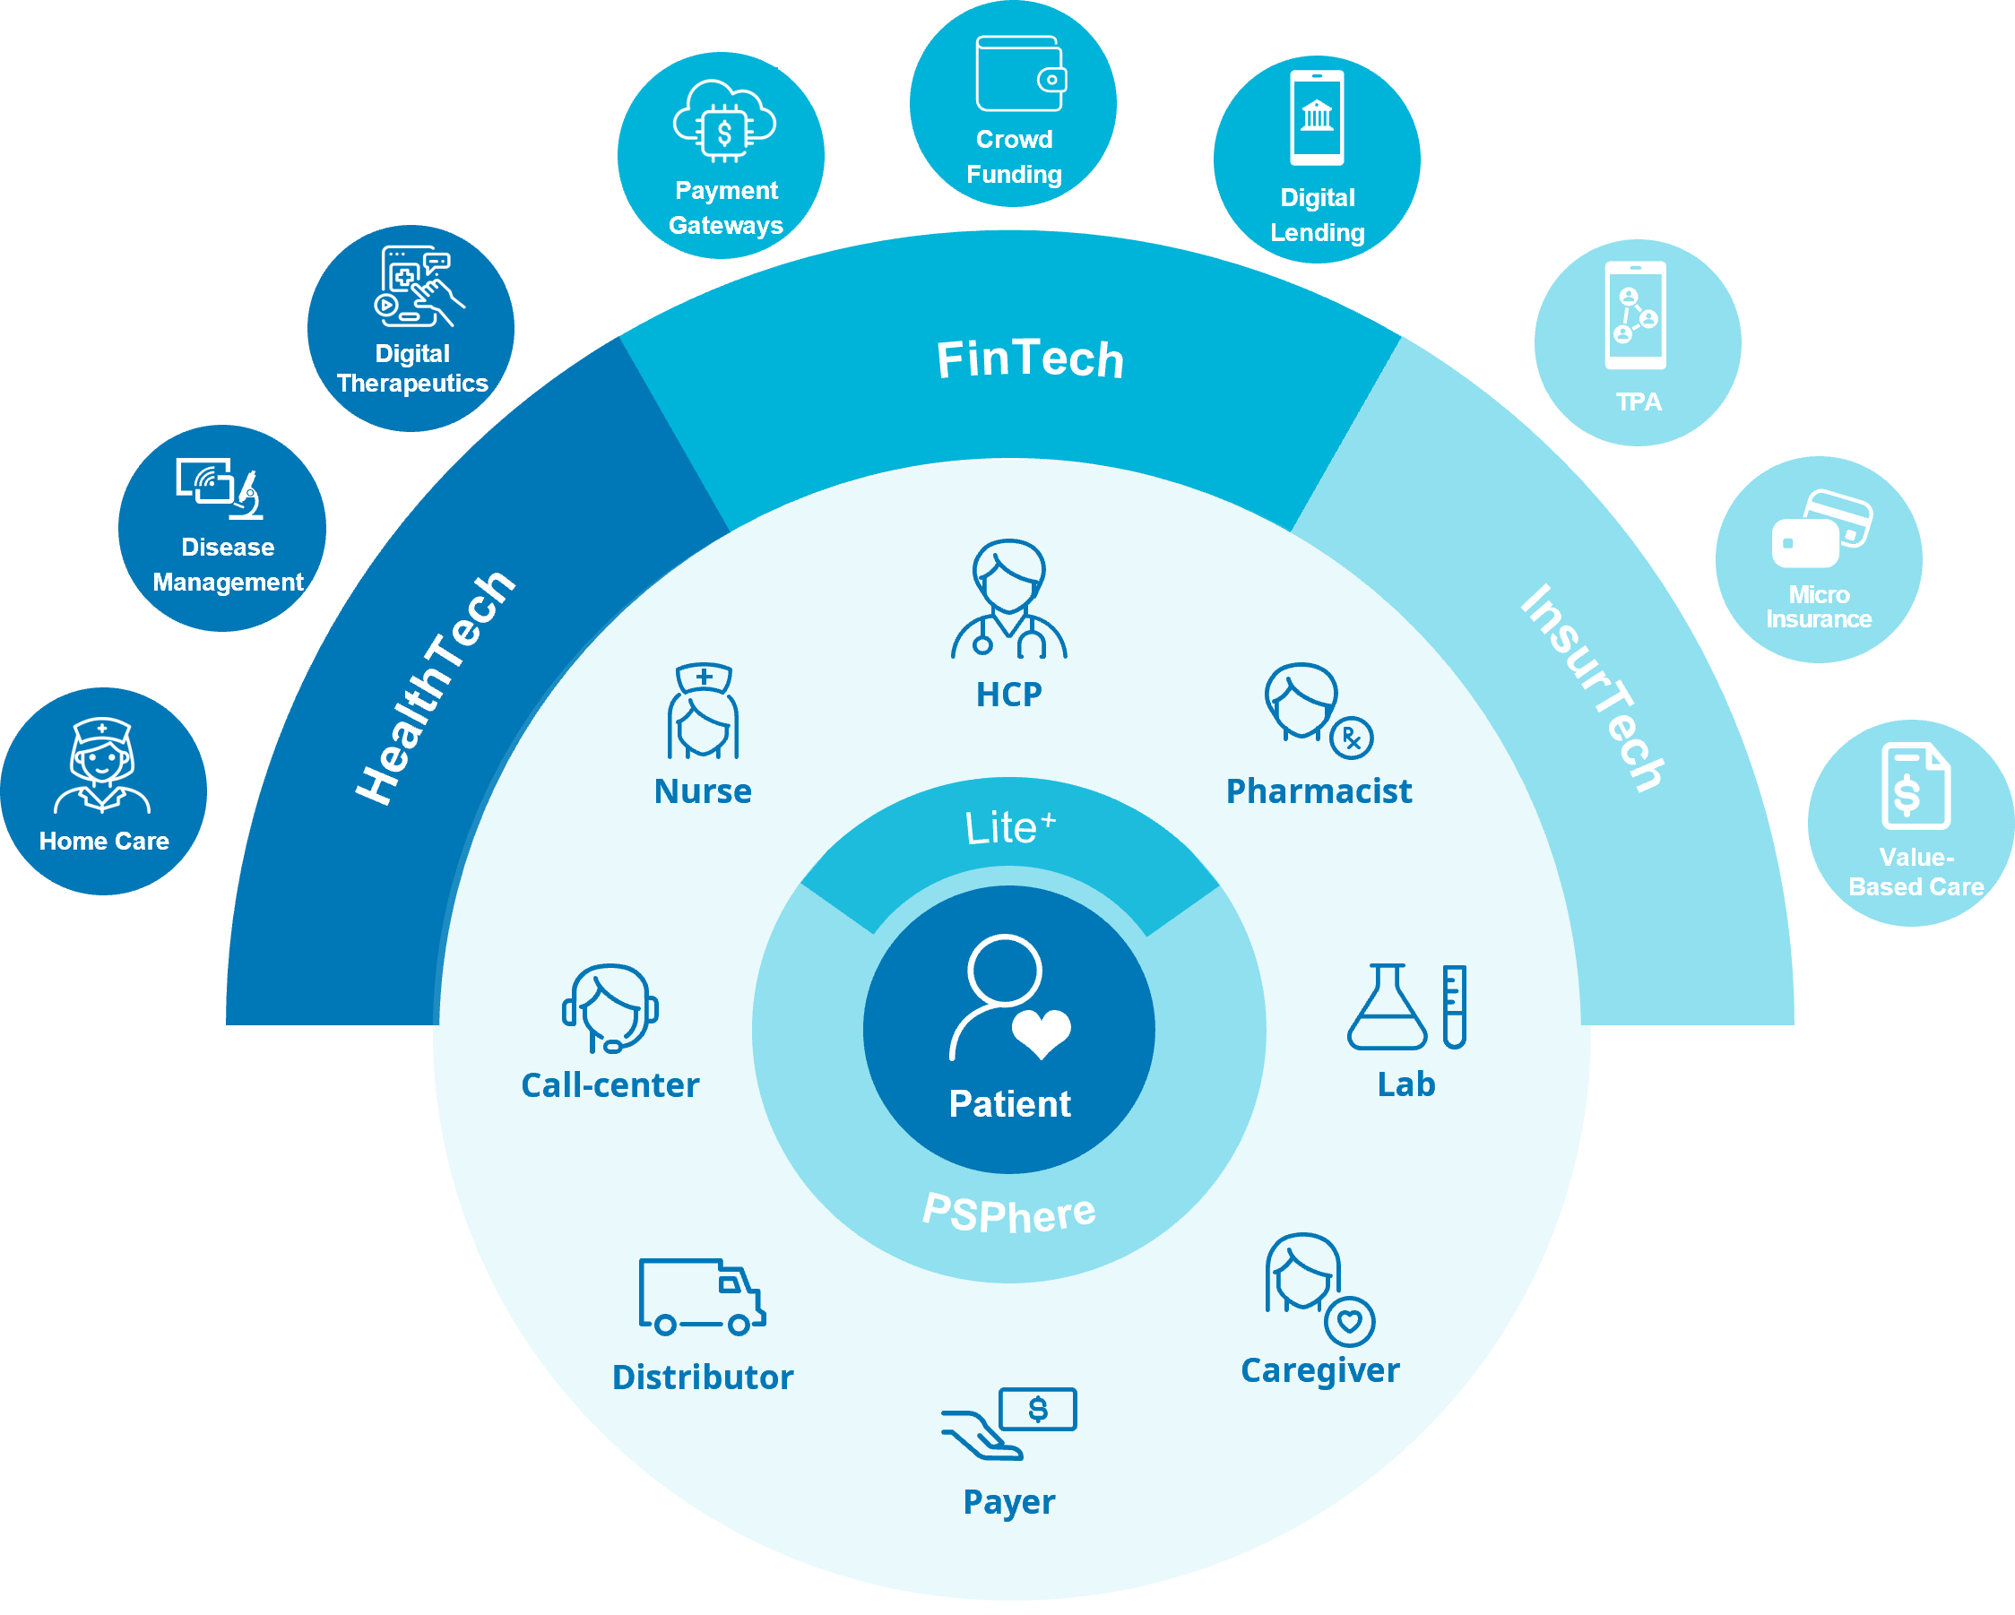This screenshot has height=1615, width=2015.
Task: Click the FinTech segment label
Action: click(x=1029, y=359)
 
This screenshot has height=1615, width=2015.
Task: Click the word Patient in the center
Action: click(x=1009, y=1104)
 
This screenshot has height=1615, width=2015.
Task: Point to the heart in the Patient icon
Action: click(x=1042, y=1032)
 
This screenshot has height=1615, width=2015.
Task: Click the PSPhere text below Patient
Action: click(x=1009, y=1213)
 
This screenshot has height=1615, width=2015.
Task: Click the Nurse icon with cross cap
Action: click(x=704, y=712)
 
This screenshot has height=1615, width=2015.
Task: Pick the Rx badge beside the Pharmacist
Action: click(x=1352, y=738)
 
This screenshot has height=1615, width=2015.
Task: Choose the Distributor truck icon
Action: click(x=702, y=1297)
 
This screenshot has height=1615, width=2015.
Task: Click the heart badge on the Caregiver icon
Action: click(x=1350, y=1321)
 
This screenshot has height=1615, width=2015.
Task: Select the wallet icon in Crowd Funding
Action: click(x=1021, y=74)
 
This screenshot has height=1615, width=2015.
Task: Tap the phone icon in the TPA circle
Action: click(x=1636, y=315)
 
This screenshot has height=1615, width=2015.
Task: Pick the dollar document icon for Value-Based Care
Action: click(x=1915, y=786)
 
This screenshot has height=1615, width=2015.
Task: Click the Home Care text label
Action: click(x=104, y=842)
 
